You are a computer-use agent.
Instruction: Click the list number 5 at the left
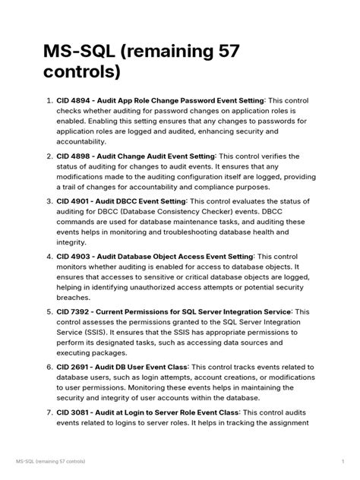48,312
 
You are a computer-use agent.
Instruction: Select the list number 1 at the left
48,100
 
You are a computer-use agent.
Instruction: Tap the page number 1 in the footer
343,461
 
